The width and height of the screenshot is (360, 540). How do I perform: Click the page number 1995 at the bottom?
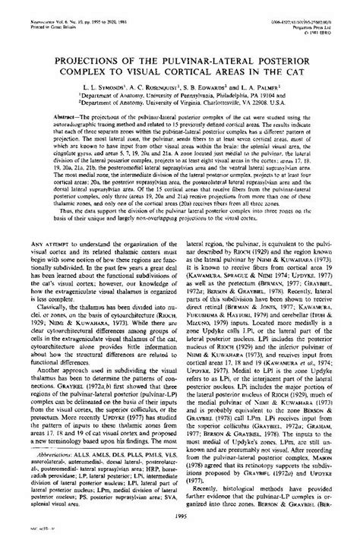coord(179,518)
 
